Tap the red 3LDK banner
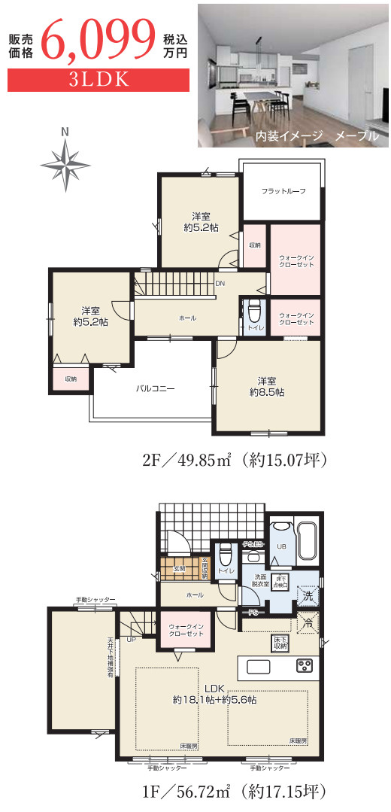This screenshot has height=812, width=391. pyautogui.click(x=98, y=80)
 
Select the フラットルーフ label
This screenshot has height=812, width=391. pyautogui.click(x=283, y=191)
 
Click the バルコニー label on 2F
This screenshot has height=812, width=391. pyautogui.click(x=156, y=389)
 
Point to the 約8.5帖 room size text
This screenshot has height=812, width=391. pyautogui.click(x=267, y=392)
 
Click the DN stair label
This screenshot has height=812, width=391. pyautogui.click(x=220, y=284)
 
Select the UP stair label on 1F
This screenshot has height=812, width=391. pyautogui.click(x=131, y=640)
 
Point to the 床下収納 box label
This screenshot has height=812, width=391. pyautogui.click(x=280, y=643)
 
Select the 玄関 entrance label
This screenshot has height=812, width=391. pyautogui.click(x=180, y=570)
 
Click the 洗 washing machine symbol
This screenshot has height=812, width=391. pyautogui.click(x=306, y=596)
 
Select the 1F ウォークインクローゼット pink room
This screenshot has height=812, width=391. pyautogui.click(x=186, y=629)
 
